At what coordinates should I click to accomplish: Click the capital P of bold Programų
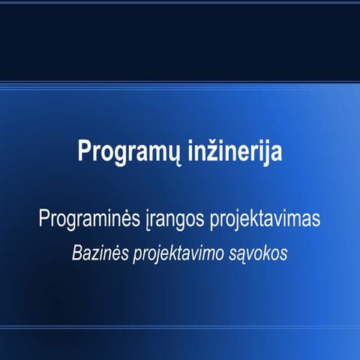84,148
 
